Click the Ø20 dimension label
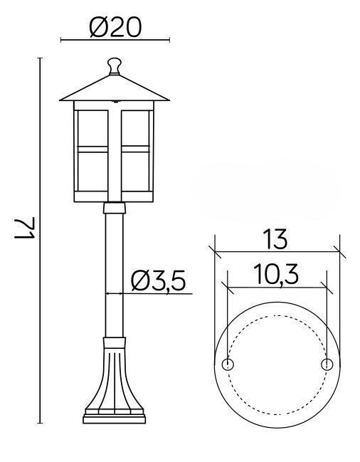115,27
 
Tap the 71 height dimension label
25,229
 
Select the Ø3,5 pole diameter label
159,280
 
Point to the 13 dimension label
275,238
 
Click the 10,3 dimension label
276,274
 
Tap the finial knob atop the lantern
115,65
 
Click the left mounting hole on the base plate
228,364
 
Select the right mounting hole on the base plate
327,364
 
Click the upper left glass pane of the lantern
92,128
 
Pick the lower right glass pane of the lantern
135,172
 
